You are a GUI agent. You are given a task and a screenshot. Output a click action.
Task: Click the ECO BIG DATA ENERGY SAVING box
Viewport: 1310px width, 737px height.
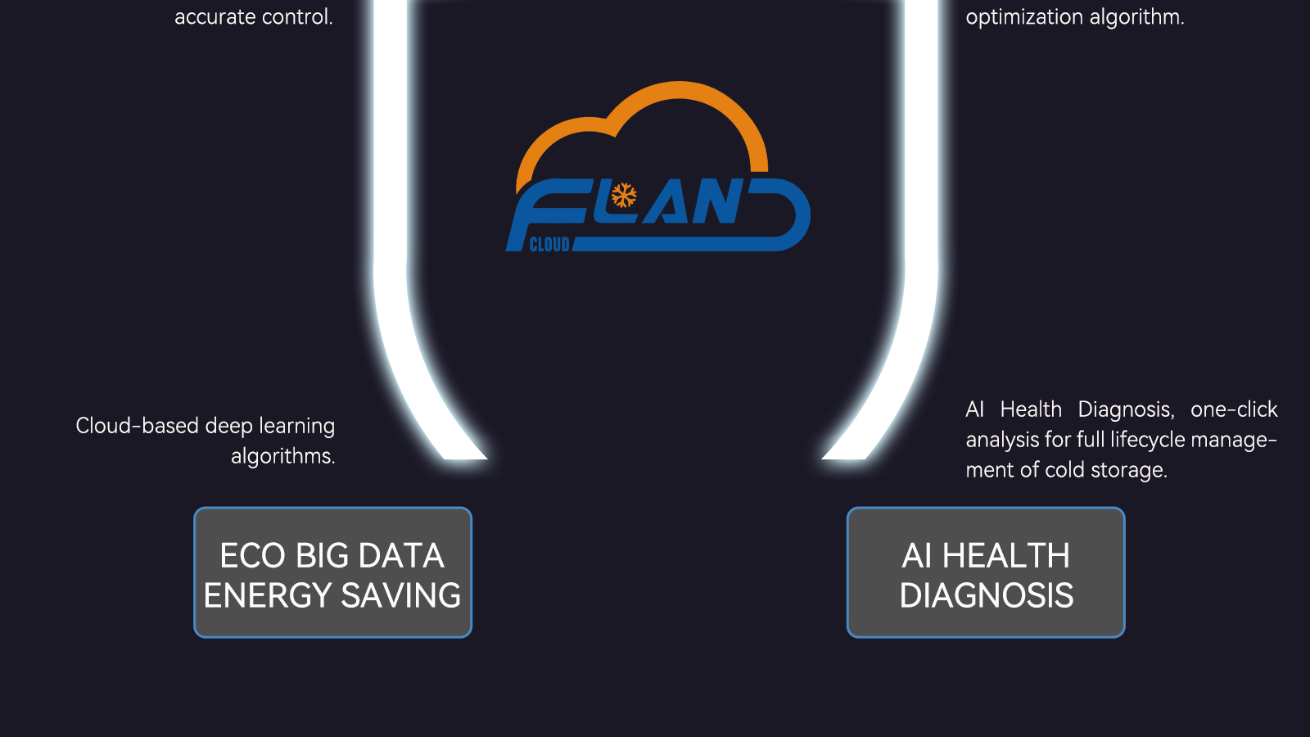(332, 572)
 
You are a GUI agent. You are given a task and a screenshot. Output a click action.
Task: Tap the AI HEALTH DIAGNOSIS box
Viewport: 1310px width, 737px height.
(986, 572)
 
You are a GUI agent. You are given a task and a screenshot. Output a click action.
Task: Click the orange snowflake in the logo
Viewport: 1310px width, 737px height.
(624, 196)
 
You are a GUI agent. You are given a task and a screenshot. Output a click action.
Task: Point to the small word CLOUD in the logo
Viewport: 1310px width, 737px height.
(549, 244)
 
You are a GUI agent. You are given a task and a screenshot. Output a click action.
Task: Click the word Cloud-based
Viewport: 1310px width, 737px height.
(137, 426)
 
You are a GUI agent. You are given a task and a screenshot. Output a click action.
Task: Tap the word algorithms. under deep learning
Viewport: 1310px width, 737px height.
(283, 456)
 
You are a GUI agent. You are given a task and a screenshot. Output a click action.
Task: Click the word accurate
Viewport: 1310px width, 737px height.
(215, 17)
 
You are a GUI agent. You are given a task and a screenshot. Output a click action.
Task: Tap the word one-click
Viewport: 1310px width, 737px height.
(1234, 409)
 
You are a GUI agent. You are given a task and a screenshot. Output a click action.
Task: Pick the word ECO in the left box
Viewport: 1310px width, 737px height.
(253, 556)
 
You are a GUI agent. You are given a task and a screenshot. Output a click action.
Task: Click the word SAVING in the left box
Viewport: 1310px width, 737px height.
(401, 595)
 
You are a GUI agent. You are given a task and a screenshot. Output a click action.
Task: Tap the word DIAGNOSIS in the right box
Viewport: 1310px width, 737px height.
(986, 595)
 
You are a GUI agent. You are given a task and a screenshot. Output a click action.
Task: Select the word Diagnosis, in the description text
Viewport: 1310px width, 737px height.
(1126, 409)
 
